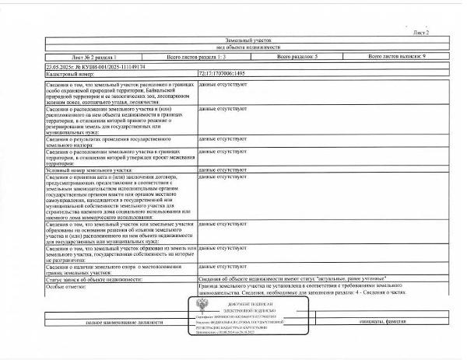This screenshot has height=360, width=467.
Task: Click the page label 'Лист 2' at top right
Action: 421,33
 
